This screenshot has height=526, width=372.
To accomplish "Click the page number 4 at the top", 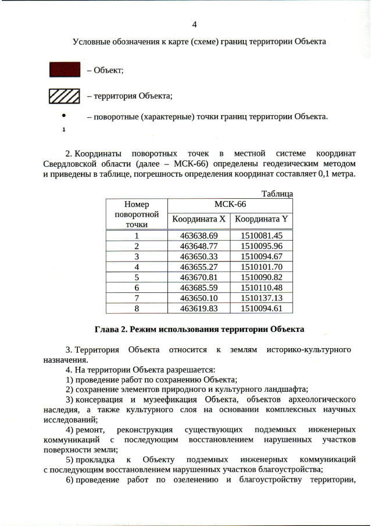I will [x=194, y=24].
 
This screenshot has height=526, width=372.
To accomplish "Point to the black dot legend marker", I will [x=62, y=116].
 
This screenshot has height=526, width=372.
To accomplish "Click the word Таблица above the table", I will [x=277, y=193].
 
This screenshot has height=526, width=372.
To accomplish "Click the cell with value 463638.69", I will [x=198, y=235].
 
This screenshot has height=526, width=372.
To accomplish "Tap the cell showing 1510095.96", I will [x=261, y=246].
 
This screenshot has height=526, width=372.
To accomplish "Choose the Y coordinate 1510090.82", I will [x=261, y=277].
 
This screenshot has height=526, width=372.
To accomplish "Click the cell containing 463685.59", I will [x=198, y=288].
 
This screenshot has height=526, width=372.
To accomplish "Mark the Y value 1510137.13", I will [x=261, y=298].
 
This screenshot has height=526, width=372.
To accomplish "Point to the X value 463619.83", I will [x=198, y=309].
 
